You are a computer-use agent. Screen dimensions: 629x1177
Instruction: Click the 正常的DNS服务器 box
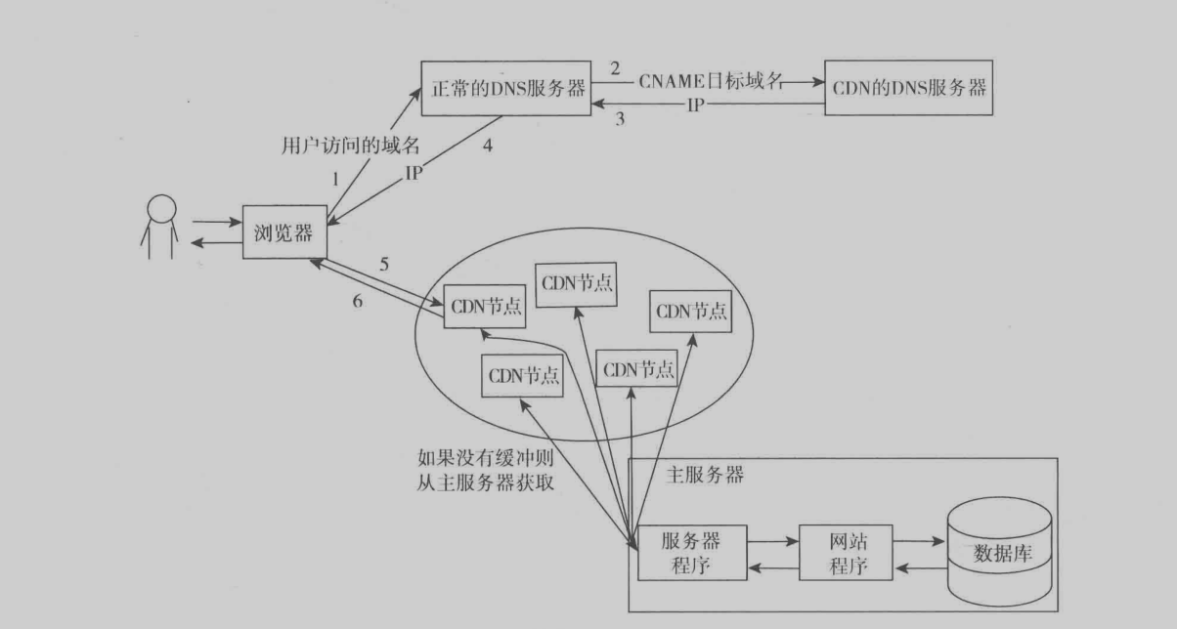click(x=504, y=89)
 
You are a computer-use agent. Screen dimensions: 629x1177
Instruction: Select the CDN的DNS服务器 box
click(x=907, y=89)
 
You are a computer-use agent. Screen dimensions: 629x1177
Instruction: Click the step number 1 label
click(x=334, y=180)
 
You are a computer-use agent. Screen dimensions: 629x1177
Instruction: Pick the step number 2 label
click(x=615, y=68)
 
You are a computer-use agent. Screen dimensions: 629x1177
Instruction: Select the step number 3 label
click(x=618, y=120)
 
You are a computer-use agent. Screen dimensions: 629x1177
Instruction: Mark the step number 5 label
click(x=384, y=264)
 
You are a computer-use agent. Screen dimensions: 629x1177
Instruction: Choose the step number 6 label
click(x=358, y=302)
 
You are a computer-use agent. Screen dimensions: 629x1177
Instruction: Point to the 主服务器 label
click(x=705, y=476)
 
